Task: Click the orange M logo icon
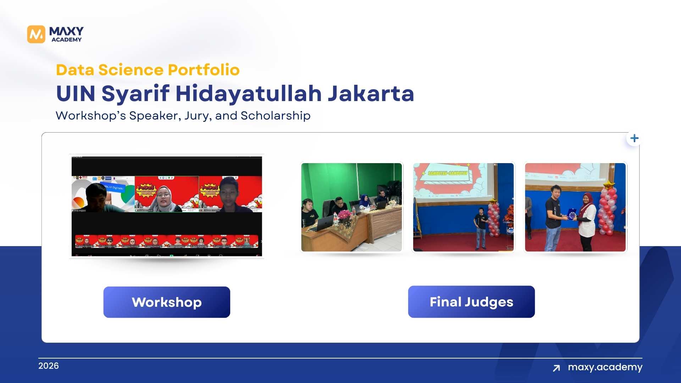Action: [36, 34]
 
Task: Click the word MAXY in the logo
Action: [66, 31]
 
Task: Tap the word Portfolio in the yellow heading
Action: [204, 70]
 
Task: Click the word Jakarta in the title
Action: [371, 94]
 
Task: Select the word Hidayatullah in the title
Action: [248, 94]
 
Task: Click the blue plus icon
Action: [634, 138]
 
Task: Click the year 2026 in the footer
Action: [49, 366]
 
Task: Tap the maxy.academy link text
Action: [605, 367]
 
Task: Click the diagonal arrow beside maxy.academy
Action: [556, 368]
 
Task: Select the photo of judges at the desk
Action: [351, 207]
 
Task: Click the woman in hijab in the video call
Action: [164, 199]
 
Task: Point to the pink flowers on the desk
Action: [344, 214]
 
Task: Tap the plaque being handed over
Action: [572, 215]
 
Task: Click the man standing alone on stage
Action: [481, 227]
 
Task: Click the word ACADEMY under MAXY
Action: [66, 40]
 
